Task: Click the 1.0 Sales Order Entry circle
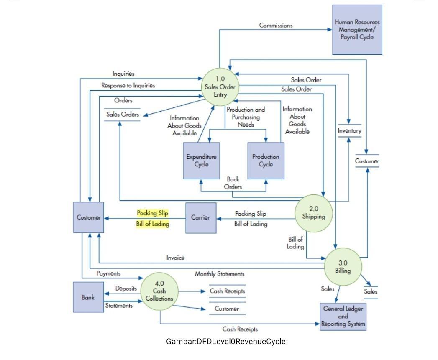(x=220, y=87)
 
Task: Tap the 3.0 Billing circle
(x=343, y=266)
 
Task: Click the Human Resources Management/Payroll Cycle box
(x=357, y=30)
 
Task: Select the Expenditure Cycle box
(x=201, y=161)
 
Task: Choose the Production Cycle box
(x=266, y=161)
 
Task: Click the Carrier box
(x=201, y=218)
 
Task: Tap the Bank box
(x=88, y=297)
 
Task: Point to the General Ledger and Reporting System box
(x=343, y=316)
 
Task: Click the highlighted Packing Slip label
(x=153, y=213)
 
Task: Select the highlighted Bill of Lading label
(x=153, y=224)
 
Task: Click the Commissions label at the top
(x=276, y=25)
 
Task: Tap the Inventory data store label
(x=349, y=131)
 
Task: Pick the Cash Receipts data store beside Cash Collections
(x=227, y=291)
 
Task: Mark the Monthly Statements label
(x=219, y=274)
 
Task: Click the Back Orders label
(x=233, y=183)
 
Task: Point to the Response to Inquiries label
(x=128, y=85)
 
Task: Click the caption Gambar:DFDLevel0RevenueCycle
(x=226, y=341)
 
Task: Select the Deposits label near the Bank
(x=126, y=289)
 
